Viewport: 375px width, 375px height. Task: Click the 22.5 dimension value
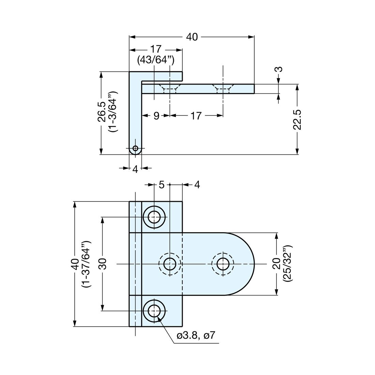point(297,119)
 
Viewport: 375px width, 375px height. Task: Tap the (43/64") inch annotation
point(156,60)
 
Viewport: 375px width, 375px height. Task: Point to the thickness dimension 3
point(279,70)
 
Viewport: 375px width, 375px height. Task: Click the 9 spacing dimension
point(156,116)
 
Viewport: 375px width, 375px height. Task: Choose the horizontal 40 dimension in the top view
point(192,37)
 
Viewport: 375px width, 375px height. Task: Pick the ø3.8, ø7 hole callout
point(196,335)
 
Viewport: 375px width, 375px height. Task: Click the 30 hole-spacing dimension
point(102,264)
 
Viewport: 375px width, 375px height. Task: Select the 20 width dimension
point(276,264)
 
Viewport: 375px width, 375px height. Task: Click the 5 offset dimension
point(162,185)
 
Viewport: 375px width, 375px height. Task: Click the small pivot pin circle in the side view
point(135,149)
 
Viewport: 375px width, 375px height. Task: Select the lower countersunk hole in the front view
point(155,311)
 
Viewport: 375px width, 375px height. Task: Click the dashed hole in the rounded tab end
point(223,264)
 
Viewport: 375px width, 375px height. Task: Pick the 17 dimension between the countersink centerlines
point(196,116)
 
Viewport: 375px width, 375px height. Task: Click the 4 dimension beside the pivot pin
point(135,169)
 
